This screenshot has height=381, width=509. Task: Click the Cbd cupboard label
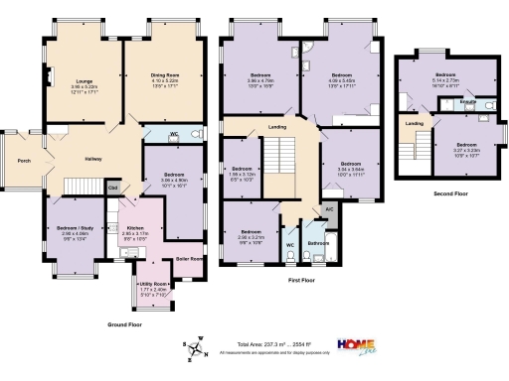coord(113,187)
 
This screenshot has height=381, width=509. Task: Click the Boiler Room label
coord(189,259)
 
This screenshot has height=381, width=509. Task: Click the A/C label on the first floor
coord(329,209)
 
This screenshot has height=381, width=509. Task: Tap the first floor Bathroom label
coord(318,242)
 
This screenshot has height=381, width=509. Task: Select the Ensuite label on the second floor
coord(465,102)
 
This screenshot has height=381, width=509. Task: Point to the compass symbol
coord(197,344)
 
